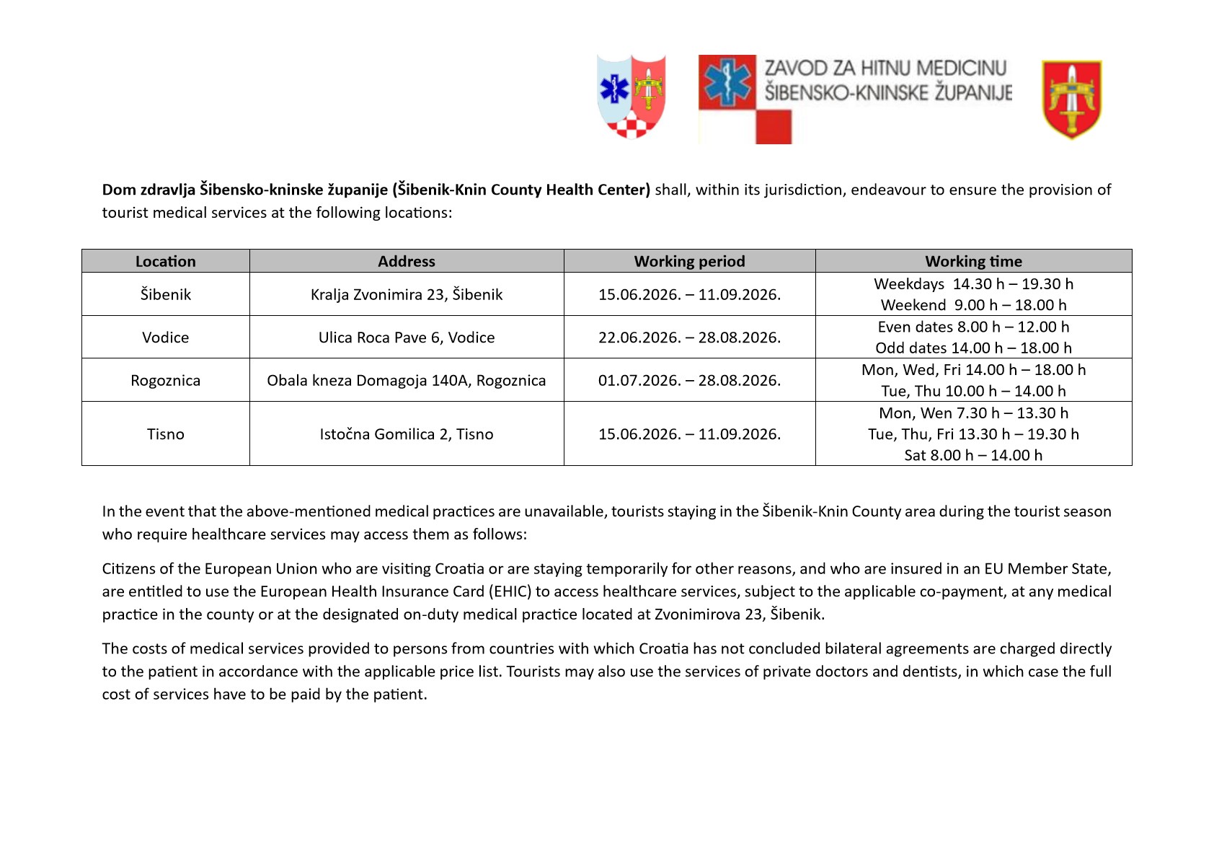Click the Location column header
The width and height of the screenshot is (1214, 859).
click(x=165, y=261)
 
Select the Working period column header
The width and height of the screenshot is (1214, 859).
click(x=689, y=261)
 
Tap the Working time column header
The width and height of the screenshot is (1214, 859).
click(x=973, y=261)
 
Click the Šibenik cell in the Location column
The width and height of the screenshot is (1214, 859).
click(x=165, y=294)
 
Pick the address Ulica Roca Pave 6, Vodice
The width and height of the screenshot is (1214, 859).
click(x=407, y=338)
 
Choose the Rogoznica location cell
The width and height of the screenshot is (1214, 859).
click(x=165, y=381)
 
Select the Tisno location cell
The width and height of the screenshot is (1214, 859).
click(x=165, y=434)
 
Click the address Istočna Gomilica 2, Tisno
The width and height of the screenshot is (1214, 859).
click(x=407, y=434)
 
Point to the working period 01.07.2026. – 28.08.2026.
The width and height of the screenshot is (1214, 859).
click(x=689, y=381)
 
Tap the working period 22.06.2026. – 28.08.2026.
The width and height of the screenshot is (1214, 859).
click(x=689, y=338)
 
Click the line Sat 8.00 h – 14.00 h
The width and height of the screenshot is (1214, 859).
click(x=973, y=455)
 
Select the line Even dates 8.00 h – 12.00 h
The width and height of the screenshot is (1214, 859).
click(x=973, y=327)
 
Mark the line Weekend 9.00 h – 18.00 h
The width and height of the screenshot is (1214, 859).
click(x=973, y=305)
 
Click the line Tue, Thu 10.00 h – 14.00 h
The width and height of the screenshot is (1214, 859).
click(x=973, y=391)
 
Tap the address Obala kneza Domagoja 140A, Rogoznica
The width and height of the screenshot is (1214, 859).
click(x=407, y=381)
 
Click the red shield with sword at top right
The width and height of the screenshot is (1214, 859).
click(x=1071, y=100)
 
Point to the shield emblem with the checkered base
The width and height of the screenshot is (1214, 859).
click(x=632, y=97)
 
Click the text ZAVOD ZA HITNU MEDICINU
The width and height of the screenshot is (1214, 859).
click(x=885, y=69)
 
